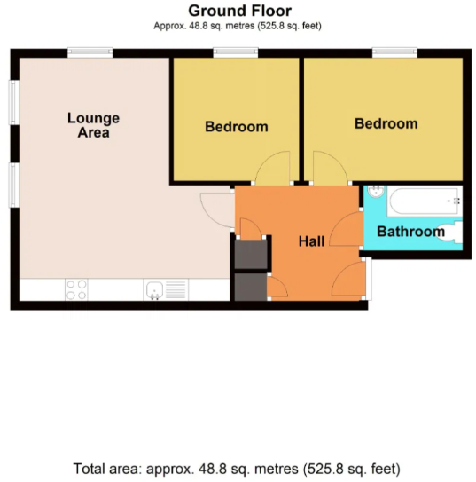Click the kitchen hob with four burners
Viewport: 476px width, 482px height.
click(76, 289)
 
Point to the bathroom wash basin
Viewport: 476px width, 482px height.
click(375, 193)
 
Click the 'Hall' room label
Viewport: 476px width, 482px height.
click(310, 241)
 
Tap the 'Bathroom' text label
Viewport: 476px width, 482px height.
click(410, 232)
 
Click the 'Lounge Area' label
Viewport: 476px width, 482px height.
click(93, 125)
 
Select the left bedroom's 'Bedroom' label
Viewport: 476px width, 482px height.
click(236, 126)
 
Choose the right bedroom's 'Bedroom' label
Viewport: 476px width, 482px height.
click(386, 123)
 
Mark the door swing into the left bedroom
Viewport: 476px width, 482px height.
click(272, 169)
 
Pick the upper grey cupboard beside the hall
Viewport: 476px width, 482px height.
click(249, 255)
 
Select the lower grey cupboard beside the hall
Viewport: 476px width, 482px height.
click(250, 287)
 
